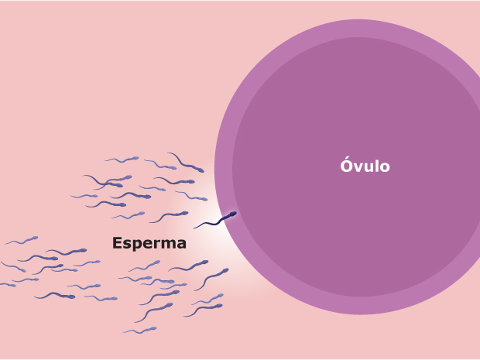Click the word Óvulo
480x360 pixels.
pos(365,166)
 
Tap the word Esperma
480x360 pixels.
pos(149,243)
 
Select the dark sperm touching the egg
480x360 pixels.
pos(217,221)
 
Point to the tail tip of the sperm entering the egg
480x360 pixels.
pos(194,228)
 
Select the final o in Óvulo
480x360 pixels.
pos(385,167)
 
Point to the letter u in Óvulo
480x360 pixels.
pos(369,167)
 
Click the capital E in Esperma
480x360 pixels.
pos(118,243)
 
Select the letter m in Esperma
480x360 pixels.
pos(168,245)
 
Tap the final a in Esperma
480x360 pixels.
pos(181,245)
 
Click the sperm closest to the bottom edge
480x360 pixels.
pos(139,330)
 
